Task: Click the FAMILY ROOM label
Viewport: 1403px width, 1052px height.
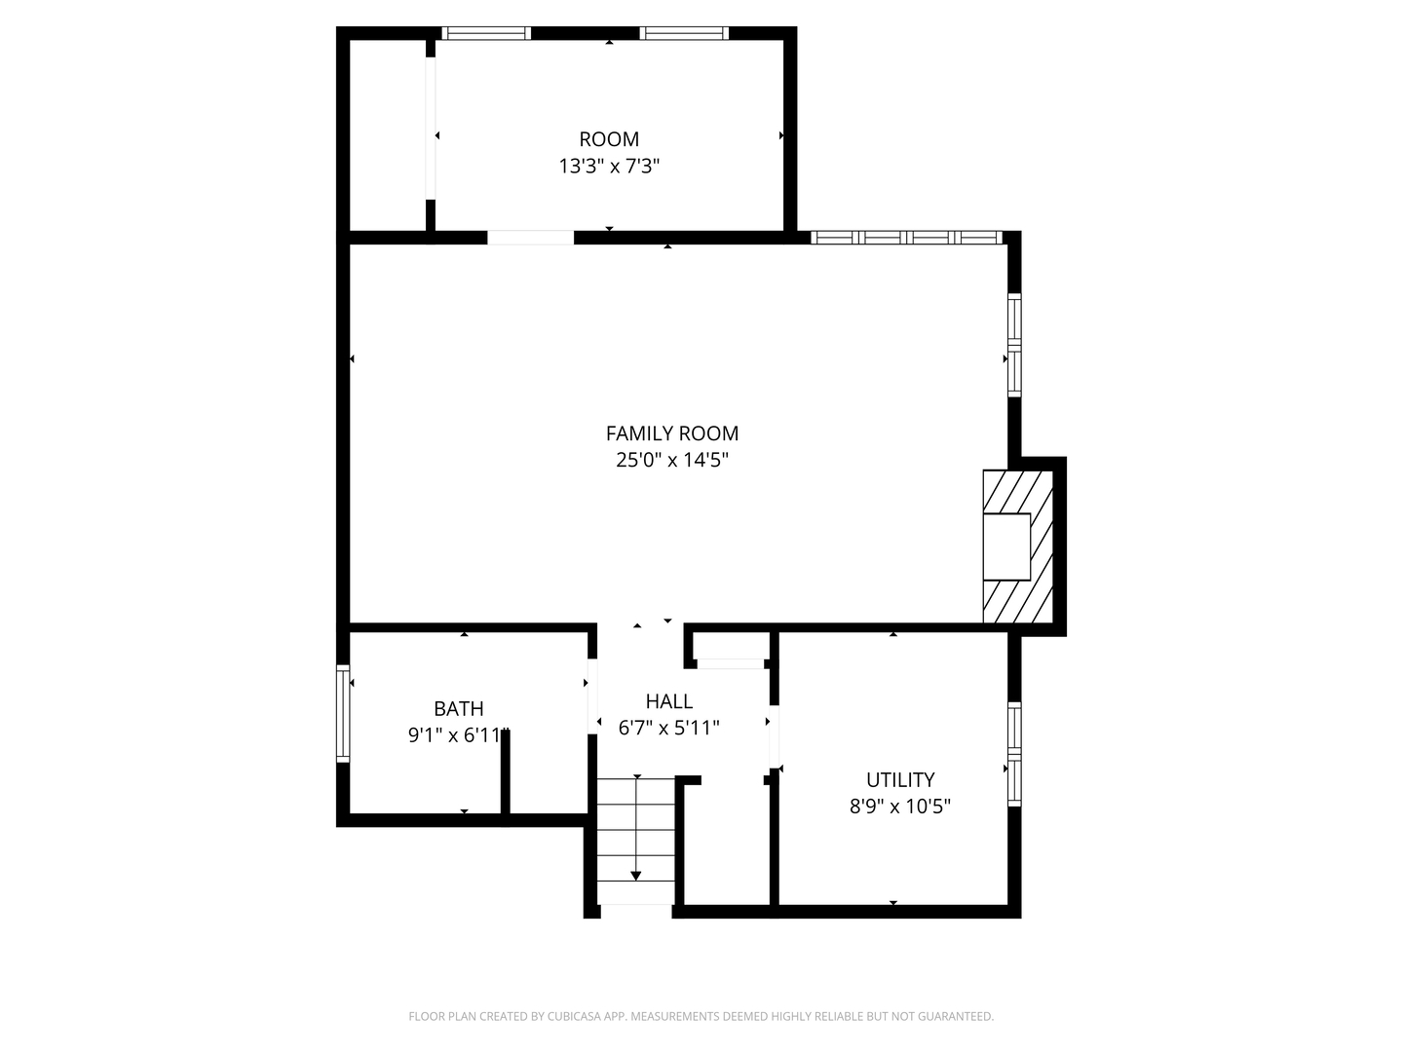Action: [671, 433]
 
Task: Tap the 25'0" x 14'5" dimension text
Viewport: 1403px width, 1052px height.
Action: [671, 460]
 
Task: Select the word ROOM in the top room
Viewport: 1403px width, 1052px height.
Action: [609, 139]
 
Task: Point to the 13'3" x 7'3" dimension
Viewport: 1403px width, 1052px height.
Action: [609, 166]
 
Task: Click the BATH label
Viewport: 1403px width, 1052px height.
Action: [458, 709]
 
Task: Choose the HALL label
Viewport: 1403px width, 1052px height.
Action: [668, 701]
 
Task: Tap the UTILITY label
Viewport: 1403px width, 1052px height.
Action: [900, 780]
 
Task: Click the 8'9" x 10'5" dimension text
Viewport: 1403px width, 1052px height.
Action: [900, 807]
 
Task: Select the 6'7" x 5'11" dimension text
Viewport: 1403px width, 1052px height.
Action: [668, 728]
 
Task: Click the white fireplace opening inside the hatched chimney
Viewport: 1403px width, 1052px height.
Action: [1006, 546]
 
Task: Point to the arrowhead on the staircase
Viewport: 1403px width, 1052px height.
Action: [636, 876]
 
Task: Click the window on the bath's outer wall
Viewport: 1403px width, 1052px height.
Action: [343, 713]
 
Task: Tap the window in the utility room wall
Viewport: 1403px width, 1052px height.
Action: [1014, 754]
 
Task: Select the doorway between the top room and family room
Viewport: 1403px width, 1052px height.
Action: [531, 238]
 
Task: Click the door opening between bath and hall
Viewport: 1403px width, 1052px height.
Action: [592, 696]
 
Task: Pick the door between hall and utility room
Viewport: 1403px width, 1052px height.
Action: [774, 735]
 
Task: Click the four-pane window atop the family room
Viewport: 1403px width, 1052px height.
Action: [907, 238]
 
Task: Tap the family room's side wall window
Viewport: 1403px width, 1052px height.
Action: [1014, 345]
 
